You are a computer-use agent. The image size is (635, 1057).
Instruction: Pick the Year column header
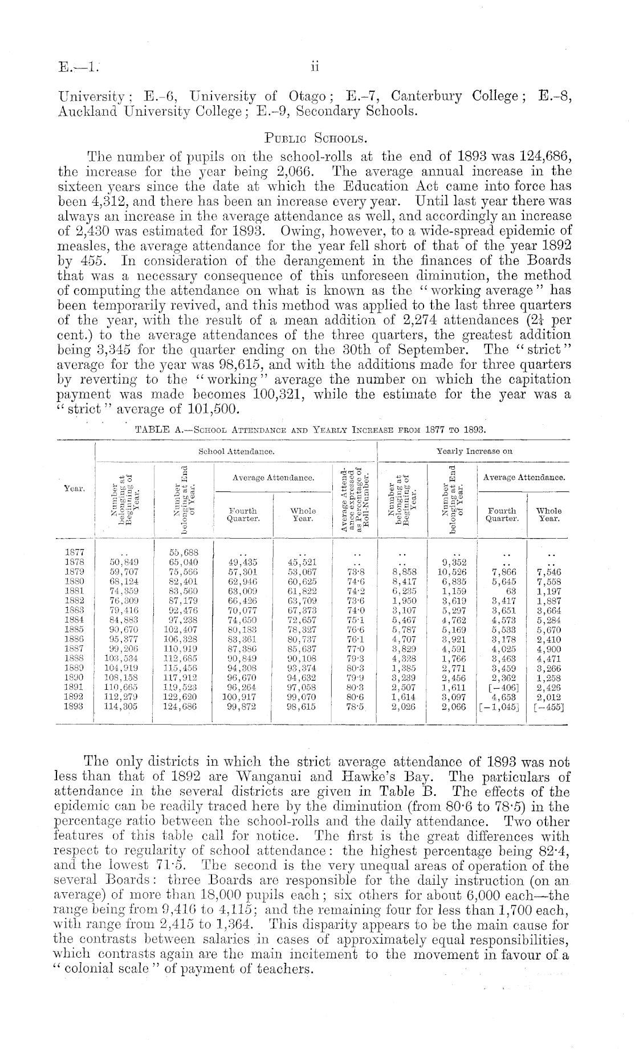[75, 489]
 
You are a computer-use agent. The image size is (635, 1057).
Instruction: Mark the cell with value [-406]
[502, 687]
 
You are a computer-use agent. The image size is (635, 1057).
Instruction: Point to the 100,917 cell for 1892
[243, 697]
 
